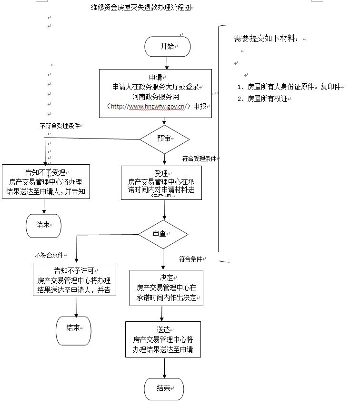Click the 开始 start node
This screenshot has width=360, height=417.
(168, 46)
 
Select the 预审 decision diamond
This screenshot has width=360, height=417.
(164, 139)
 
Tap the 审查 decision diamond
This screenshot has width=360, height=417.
(163, 234)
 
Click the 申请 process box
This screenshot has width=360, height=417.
(155, 93)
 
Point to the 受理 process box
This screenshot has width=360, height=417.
(161, 182)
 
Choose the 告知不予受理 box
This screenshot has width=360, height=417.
(46, 182)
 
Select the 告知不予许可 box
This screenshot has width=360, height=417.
(74, 279)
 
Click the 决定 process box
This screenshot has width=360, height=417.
(166, 288)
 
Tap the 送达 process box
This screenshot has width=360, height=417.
(163, 339)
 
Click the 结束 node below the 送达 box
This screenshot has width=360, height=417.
(164, 388)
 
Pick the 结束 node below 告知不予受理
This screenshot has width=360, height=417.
(43, 225)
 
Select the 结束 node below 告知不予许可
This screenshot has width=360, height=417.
(73, 328)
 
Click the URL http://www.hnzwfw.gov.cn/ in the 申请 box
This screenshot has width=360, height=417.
(148, 106)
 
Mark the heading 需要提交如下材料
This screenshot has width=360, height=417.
(268, 38)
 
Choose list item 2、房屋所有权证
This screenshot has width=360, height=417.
(264, 99)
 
